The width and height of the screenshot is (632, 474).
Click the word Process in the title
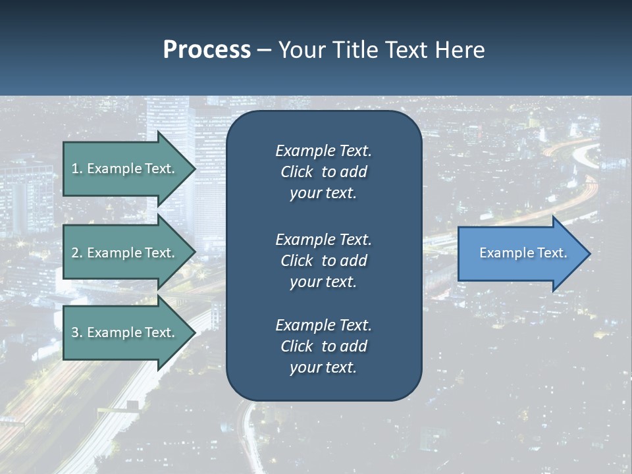pos(207,50)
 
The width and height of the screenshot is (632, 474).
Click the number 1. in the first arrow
pos(77,169)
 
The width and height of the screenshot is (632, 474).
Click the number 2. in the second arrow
pos(77,253)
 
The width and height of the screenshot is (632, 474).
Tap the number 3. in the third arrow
pos(77,332)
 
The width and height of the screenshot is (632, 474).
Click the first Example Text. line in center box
pos(323,151)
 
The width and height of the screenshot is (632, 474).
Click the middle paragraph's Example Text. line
pos(323,239)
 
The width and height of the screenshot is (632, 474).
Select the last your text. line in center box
pos(323,367)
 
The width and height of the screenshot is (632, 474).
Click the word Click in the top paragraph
pos(297,172)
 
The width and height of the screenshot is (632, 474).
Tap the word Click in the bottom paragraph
pos(297,346)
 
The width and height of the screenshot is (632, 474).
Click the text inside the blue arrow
pos(523,253)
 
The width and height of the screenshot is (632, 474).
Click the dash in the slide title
pos(265,50)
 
